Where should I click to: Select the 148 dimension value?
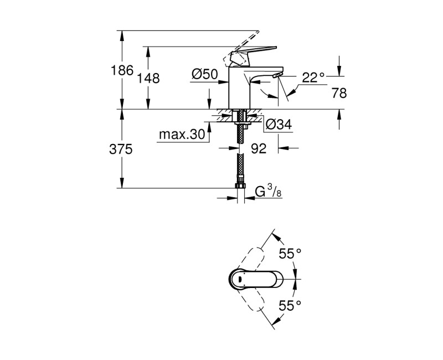[149, 78]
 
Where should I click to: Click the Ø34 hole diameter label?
[278, 126]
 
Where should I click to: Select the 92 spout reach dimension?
[259, 148]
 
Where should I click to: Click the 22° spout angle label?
[313, 78]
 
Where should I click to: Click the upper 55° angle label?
[290, 253]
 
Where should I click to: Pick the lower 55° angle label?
[290, 305]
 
